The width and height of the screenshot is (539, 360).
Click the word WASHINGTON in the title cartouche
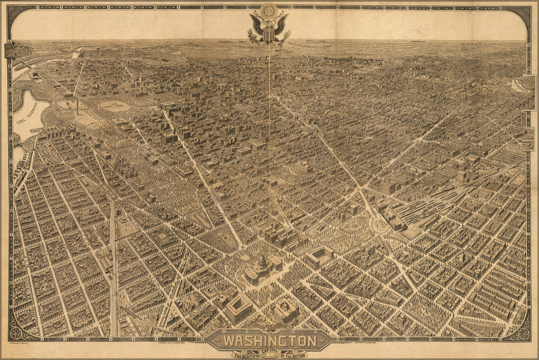point(269,341)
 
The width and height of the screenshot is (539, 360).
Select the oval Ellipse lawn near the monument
point(114,106)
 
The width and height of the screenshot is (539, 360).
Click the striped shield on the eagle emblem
point(269,35)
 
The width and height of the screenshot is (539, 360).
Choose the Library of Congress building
point(286,310)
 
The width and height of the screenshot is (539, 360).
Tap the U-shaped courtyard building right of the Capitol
point(320,255)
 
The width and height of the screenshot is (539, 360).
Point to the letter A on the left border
point(10,41)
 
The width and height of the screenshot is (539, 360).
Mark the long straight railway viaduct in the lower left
point(113,267)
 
